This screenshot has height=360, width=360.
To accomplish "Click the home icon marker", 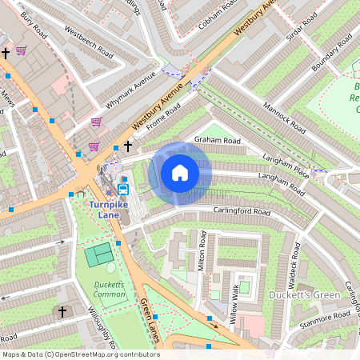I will pos(180,173).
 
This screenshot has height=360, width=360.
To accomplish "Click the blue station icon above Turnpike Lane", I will pos(123,190).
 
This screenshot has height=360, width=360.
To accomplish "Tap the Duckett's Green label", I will pos(314,295).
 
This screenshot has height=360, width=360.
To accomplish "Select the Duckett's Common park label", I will pos(108,290).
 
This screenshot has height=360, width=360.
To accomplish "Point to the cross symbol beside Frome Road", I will pos(127,147).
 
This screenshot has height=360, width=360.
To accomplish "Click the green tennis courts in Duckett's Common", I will pos(99,255).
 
